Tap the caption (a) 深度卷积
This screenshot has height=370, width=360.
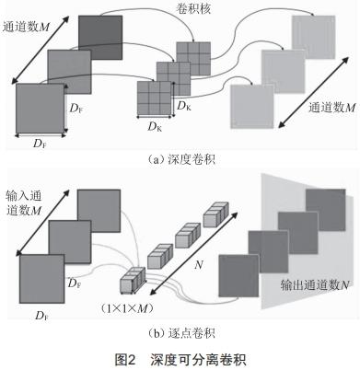click(180, 158)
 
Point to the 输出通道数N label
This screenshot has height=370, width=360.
click(310, 286)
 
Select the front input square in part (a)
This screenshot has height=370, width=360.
click(40, 110)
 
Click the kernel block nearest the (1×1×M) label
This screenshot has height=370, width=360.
click(131, 277)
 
